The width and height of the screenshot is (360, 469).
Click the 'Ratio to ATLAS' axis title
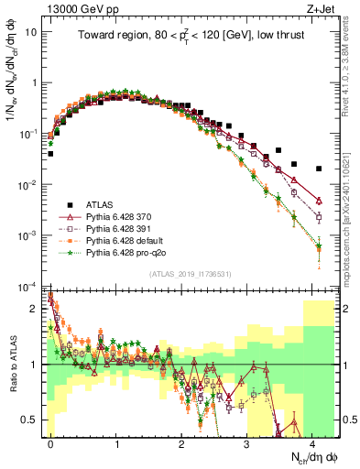(x=13, y=365)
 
